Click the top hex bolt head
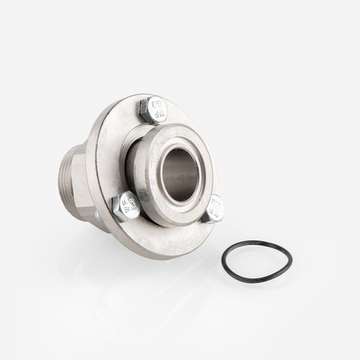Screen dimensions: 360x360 pos(153,110)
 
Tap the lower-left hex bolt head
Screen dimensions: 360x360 pos(126,206)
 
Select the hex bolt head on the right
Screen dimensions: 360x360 pos(214,207)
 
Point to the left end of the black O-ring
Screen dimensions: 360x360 pos(223,262)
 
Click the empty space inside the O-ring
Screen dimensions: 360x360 pos(257,262)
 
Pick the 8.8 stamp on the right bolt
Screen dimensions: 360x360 pos(215,209)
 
